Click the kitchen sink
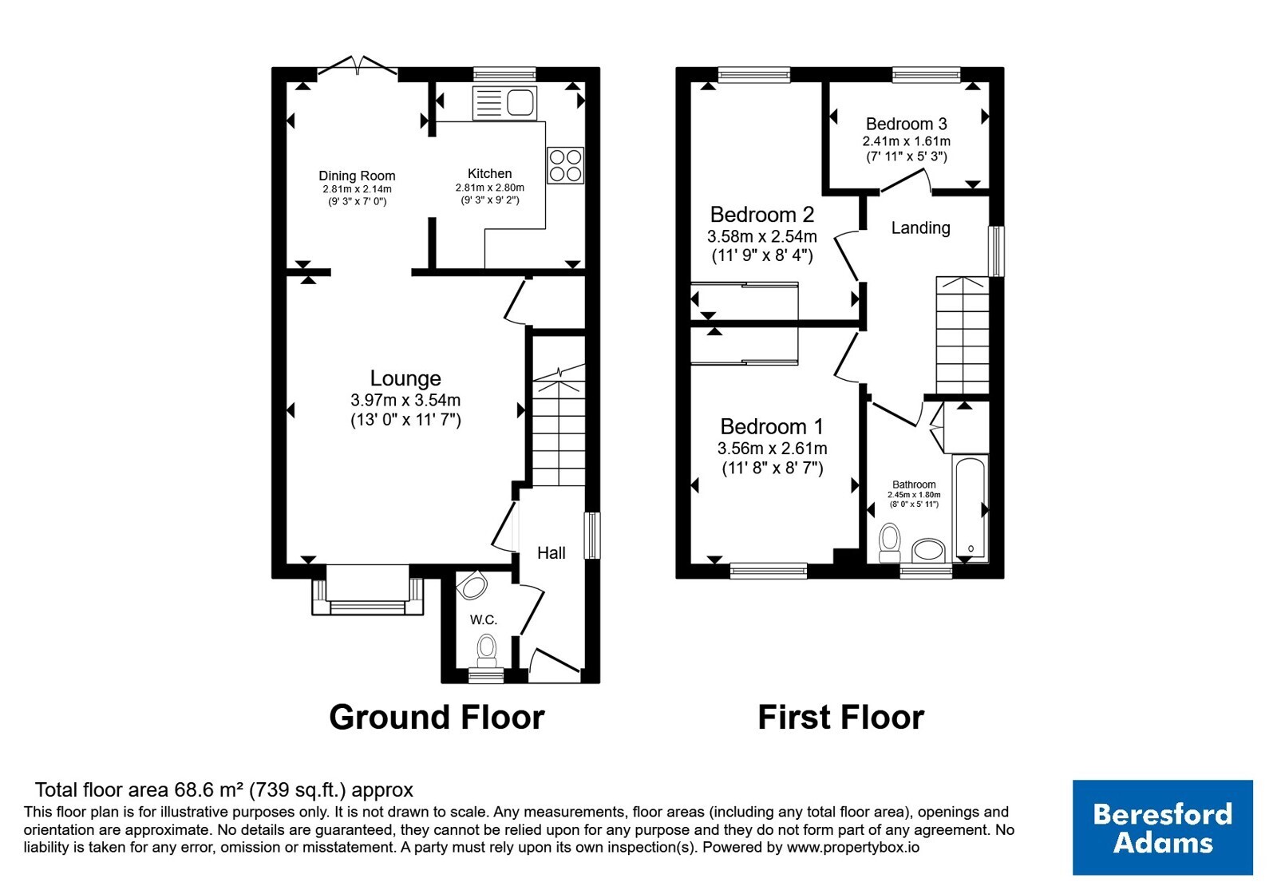504,103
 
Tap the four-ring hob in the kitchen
566,165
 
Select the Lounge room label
405,378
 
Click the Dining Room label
357,176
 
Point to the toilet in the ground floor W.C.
486,651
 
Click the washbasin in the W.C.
472,586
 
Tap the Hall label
552,552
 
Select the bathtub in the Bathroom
971,508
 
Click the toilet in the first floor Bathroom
890,543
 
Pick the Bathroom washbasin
929,551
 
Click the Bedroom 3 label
907,124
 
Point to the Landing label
921,228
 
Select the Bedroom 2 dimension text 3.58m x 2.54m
762,236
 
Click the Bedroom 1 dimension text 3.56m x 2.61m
773,448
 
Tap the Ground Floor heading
437,718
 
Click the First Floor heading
841,718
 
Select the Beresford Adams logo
1163,827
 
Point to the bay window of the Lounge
368,590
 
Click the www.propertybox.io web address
853,847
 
